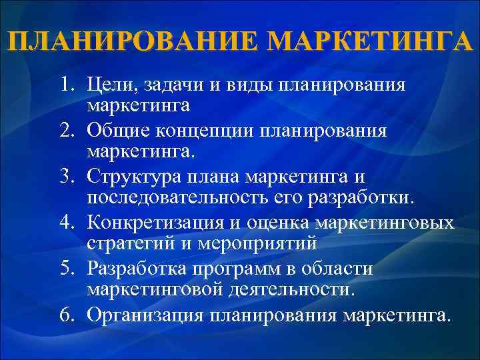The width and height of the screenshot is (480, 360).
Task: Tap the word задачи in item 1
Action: (175, 86)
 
